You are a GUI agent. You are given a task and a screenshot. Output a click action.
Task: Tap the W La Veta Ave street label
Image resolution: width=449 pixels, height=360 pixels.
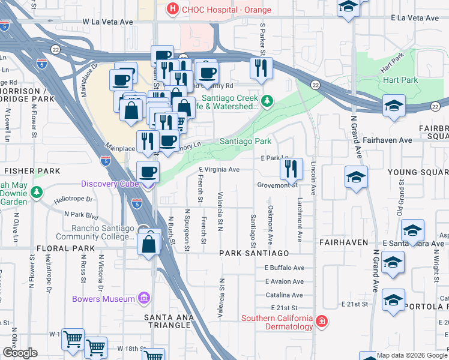[x=107, y=22]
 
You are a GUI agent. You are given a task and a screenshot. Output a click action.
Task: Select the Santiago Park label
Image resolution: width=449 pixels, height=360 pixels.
[x=245, y=142]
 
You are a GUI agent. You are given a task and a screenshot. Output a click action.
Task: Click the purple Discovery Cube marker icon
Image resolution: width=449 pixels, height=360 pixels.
[x=148, y=184]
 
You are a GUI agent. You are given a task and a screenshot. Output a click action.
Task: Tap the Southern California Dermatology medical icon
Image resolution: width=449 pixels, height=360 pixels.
[x=322, y=322]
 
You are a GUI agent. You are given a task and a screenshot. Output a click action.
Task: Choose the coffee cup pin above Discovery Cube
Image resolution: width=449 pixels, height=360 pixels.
[x=148, y=172]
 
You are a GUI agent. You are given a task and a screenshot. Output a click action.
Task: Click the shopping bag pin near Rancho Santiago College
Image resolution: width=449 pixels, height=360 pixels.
[x=148, y=244]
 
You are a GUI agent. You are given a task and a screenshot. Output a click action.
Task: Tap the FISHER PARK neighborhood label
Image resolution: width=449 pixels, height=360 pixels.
[x=31, y=171]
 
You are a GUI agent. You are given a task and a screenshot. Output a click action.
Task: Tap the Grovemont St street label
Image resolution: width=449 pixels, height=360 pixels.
[x=277, y=185]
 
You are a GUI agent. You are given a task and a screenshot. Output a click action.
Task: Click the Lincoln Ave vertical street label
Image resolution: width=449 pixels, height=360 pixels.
[x=313, y=178]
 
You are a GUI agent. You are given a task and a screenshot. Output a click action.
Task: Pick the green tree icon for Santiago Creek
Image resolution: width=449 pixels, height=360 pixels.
[x=267, y=100]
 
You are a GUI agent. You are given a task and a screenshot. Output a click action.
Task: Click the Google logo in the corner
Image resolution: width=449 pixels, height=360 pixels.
[x=20, y=353]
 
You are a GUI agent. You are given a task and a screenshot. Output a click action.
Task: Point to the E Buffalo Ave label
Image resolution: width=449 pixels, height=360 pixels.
[x=285, y=268]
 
